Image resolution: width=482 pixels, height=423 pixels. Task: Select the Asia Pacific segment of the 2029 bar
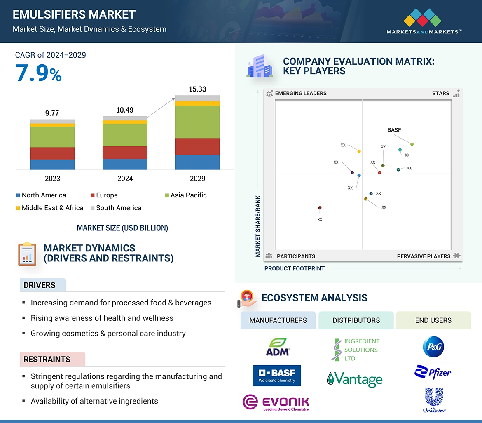tap(197, 122)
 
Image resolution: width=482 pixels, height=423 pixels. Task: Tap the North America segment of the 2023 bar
tap(52, 164)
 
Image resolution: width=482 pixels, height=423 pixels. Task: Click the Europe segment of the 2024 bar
tap(125, 153)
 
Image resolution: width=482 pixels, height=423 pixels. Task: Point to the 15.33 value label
tap(197, 89)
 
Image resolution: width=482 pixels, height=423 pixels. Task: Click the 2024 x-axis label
tap(125, 179)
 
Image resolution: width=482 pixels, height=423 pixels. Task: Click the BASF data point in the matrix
tap(412, 144)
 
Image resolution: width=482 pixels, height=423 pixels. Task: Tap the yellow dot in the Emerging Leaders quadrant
tap(359, 151)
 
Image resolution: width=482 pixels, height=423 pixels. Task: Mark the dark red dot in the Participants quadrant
tap(320, 208)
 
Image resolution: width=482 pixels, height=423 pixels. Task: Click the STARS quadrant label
tap(440, 93)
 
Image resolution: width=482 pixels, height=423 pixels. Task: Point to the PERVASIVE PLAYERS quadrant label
tap(424, 256)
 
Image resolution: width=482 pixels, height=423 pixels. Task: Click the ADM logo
tap(278, 347)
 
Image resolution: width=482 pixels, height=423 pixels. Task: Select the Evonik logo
tap(276, 403)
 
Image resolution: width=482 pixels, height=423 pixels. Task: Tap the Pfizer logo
tap(433, 372)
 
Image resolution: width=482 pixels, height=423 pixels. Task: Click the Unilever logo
tap(434, 399)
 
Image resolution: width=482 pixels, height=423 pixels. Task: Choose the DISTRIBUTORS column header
tap(356, 320)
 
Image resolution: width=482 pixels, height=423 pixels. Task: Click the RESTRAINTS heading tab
tap(47, 359)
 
